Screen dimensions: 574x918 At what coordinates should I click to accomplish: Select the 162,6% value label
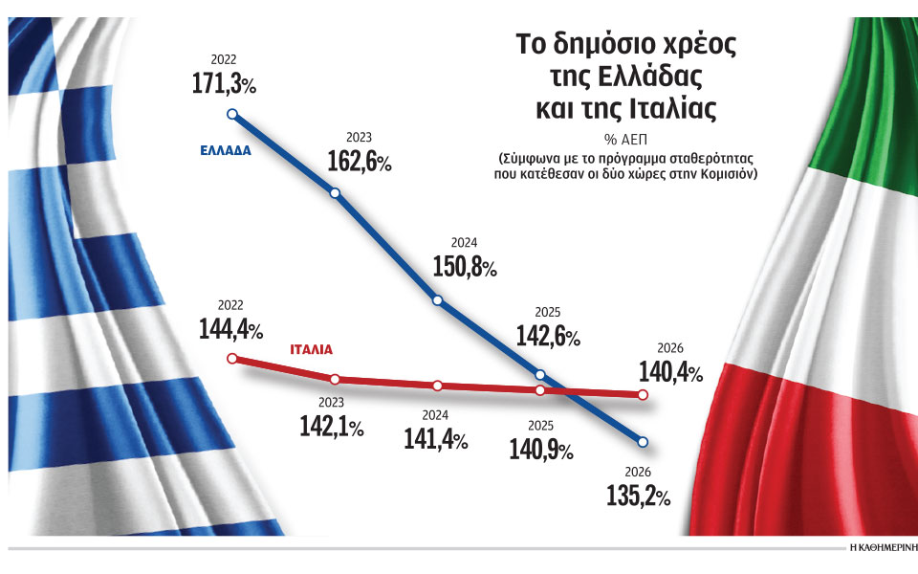pos(358,163)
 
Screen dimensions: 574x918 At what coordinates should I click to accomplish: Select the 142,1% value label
pos(330,429)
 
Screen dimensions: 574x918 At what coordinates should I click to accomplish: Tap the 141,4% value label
pos(434,440)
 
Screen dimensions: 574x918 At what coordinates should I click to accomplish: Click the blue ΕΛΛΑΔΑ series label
pos(227,151)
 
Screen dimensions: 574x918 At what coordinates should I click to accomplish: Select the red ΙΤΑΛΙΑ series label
pos(317,350)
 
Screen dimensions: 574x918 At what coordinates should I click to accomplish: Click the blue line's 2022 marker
pos(231,114)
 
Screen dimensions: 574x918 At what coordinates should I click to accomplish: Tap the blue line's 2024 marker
pos(438,300)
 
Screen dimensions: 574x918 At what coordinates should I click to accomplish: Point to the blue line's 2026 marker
pos(643,442)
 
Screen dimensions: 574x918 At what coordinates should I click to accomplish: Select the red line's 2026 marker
pos(643,394)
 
